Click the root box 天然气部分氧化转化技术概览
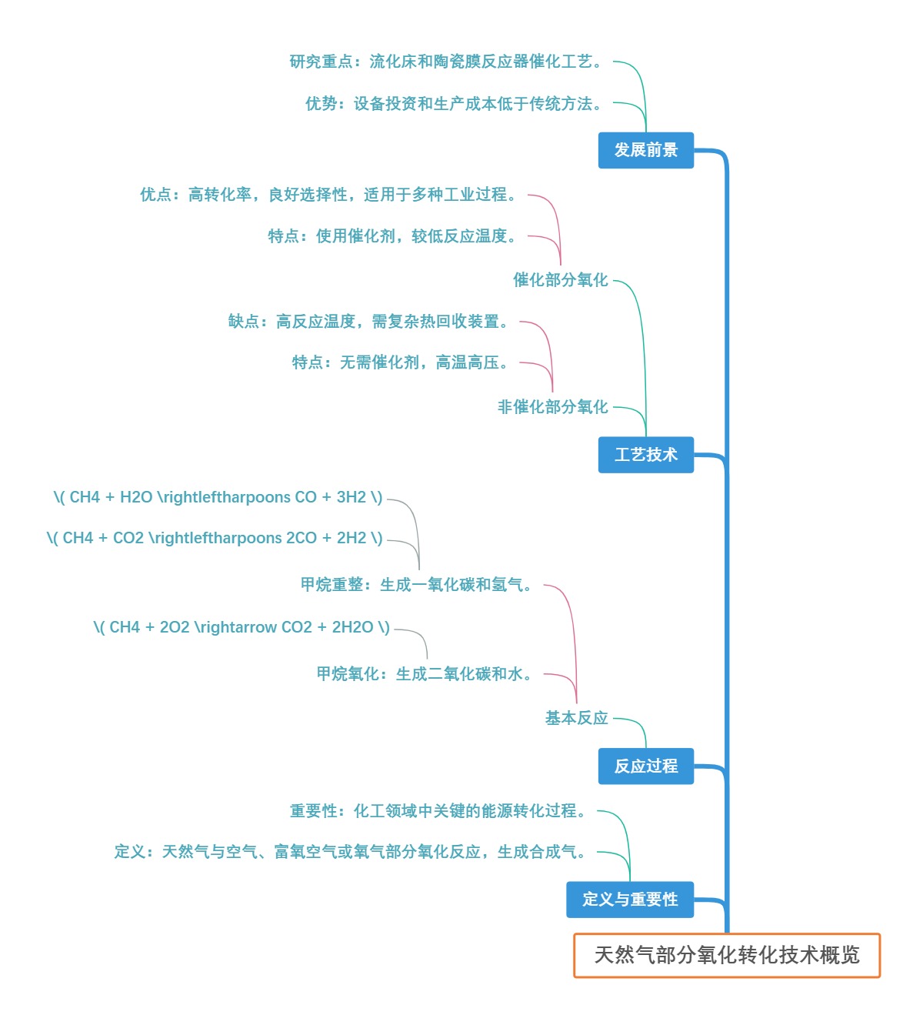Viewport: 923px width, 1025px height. pyautogui.click(x=727, y=955)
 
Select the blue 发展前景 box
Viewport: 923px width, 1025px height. pyautogui.click(x=646, y=150)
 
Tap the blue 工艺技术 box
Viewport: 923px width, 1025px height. pyautogui.click(x=646, y=455)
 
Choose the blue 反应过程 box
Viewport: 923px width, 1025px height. pyautogui.click(x=646, y=766)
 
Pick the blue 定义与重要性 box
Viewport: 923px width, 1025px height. pyautogui.click(x=630, y=900)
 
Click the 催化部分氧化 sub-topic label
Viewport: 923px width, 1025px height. pyautogui.click(x=561, y=280)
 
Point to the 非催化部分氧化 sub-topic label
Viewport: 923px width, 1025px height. pyautogui.click(x=553, y=407)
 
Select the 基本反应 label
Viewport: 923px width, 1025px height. pyautogui.click(x=577, y=718)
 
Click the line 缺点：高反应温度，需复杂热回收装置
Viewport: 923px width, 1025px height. pyautogui.click(x=369, y=322)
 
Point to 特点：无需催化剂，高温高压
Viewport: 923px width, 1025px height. pyautogui.click(x=402, y=362)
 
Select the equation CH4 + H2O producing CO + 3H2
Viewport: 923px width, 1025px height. pyautogui.click(x=218, y=497)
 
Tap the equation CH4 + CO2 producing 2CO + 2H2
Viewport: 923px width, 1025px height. pyautogui.click(x=215, y=538)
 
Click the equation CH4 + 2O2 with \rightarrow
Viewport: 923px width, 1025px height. pyautogui.click(x=242, y=627)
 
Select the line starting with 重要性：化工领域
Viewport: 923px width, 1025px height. pyautogui.click(x=438, y=811)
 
